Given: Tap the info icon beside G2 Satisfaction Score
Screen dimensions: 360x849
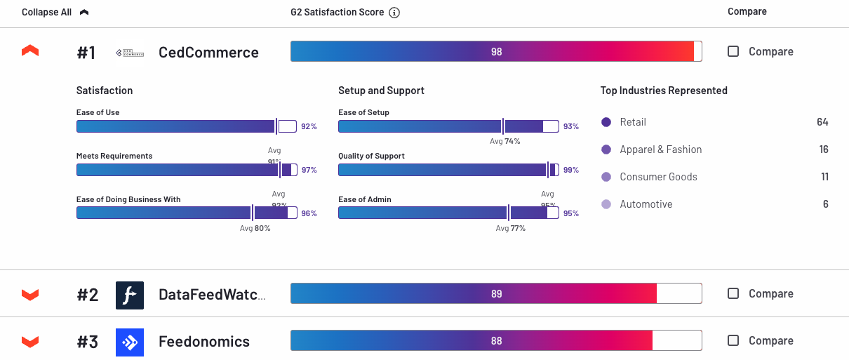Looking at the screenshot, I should (394, 13).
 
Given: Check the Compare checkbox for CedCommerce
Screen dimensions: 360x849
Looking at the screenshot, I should (733, 51).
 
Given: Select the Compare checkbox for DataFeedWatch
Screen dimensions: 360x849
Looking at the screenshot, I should (733, 293).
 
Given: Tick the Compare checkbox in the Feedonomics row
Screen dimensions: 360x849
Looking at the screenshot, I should (733, 340).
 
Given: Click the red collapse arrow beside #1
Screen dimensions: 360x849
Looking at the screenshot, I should (30, 51).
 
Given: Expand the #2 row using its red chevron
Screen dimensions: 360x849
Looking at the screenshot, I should (30, 294).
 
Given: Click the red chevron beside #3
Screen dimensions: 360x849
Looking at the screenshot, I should (30, 342).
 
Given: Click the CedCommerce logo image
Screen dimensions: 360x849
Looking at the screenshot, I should (129, 53).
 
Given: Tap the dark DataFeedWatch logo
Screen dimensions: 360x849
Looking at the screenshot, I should (130, 295).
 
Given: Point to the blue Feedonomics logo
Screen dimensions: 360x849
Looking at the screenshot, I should (130, 342).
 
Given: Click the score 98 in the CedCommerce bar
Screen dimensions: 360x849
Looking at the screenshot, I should (497, 52).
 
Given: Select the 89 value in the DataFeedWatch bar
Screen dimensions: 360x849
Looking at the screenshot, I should (497, 294).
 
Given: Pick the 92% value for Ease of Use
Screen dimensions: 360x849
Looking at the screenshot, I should (309, 127).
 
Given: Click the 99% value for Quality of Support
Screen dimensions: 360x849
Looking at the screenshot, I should (570, 171).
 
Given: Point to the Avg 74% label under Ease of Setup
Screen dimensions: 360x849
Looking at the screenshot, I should (504, 141).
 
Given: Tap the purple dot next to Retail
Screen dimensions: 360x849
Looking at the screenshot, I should (606, 122).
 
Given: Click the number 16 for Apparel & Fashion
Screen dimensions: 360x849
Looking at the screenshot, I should (824, 149).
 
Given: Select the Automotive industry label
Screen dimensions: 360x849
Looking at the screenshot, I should (646, 204).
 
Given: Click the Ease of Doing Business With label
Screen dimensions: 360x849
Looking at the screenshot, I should (128, 199).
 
